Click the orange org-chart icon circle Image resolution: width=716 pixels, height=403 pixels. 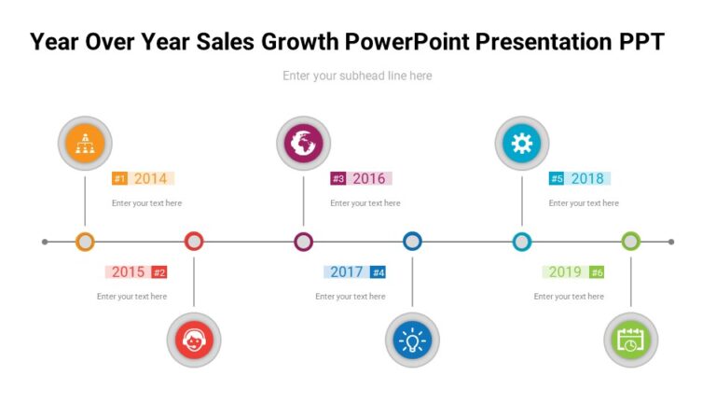[x=85, y=143]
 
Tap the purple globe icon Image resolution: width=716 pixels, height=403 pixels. [x=303, y=143]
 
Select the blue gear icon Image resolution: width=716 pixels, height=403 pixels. [x=521, y=143]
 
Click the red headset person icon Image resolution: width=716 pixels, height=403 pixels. [x=194, y=340]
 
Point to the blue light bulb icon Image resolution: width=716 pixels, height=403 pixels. [x=412, y=340]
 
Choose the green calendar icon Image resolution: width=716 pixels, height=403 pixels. [x=630, y=340]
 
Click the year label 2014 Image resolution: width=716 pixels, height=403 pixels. [x=150, y=178]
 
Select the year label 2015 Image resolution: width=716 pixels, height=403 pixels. [x=129, y=271]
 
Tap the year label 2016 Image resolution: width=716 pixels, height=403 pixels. [x=368, y=178]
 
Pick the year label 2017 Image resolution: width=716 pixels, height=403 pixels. [x=347, y=271]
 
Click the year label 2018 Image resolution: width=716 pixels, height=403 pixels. [x=587, y=178]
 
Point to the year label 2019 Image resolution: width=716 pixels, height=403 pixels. [x=565, y=271]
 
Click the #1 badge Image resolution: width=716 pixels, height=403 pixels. [x=119, y=179]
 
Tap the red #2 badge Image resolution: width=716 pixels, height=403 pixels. [x=159, y=272]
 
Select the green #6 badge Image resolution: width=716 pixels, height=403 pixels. [x=597, y=272]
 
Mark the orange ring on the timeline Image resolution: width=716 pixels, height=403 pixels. [x=85, y=242]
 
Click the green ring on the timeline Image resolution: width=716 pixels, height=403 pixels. [x=630, y=242]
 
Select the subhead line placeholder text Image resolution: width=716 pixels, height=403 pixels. [x=357, y=76]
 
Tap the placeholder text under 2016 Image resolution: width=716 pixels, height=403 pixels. [x=365, y=202]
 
